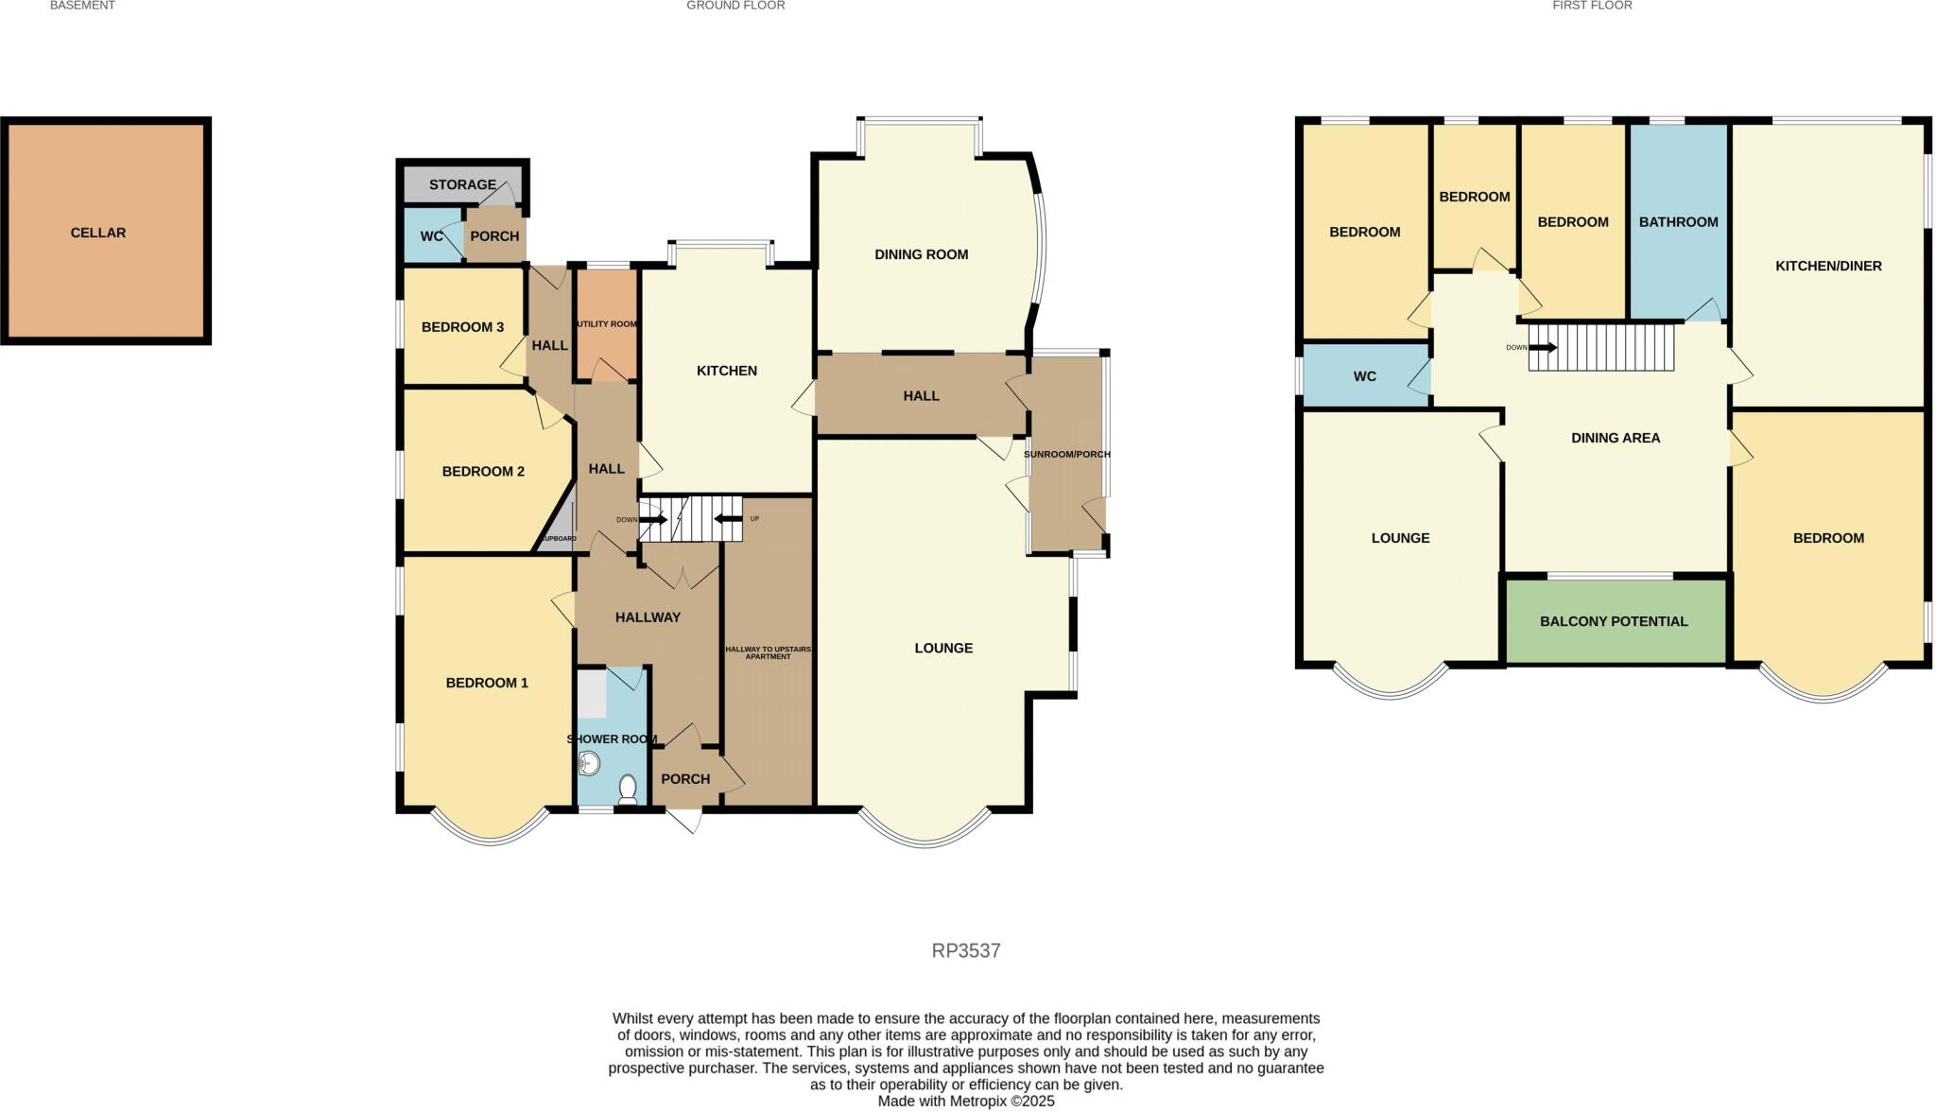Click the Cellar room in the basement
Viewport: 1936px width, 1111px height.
[x=106, y=231]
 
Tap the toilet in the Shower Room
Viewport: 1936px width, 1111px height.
[x=628, y=789]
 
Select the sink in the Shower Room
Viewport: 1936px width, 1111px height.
[x=588, y=762]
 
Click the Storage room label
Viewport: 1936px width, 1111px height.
[x=462, y=184]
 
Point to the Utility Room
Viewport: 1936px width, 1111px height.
[x=607, y=325]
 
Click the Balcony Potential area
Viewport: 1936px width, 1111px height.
[x=1616, y=620]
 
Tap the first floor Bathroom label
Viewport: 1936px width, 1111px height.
[x=1679, y=222]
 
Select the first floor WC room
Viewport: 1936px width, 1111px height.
[x=1365, y=376]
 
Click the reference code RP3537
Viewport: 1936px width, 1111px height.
[x=966, y=950]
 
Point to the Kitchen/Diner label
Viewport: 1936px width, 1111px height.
[x=1828, y=266]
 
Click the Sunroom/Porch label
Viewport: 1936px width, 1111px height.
[x=1067, y=454]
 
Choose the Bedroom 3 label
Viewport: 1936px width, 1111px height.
[x=462, y=327]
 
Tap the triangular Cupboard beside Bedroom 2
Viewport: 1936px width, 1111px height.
[x=560, y=522]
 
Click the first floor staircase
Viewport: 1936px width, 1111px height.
[x=1601, y=346]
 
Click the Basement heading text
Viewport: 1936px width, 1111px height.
[x=82, y=6]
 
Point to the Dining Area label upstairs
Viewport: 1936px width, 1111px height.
[x=1616, y=438]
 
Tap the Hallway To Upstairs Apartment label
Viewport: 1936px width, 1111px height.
[x=769, y=652]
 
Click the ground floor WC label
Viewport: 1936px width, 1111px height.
[x=432, y=236]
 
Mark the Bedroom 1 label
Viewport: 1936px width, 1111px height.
[x=487, y=683]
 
